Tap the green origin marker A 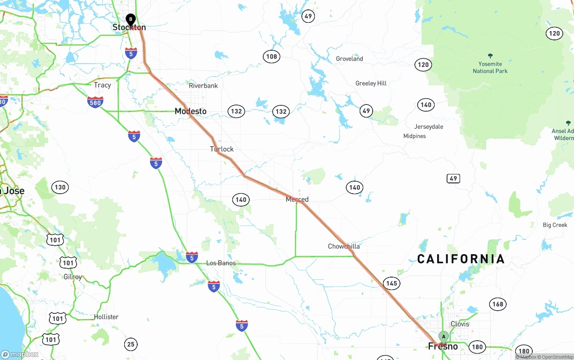pos(443,337)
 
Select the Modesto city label pos(191,111)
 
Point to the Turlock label pos(222,149)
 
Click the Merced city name pos(297,200)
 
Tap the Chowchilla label pos(344,246)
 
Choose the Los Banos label pos(221,263)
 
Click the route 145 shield pos(391,283)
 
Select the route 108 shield pos(271,56)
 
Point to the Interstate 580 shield pos(95,102)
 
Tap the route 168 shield pos(498,304)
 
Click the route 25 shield pos(130,344)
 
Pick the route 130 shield pos(60,187)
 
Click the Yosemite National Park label pos(490,67)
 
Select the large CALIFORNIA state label pos(461,259)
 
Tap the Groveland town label pos(349,59)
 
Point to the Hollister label pos(106,317)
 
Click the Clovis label pos(460,324)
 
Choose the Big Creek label pos(555,225)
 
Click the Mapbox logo pos(20,354)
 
